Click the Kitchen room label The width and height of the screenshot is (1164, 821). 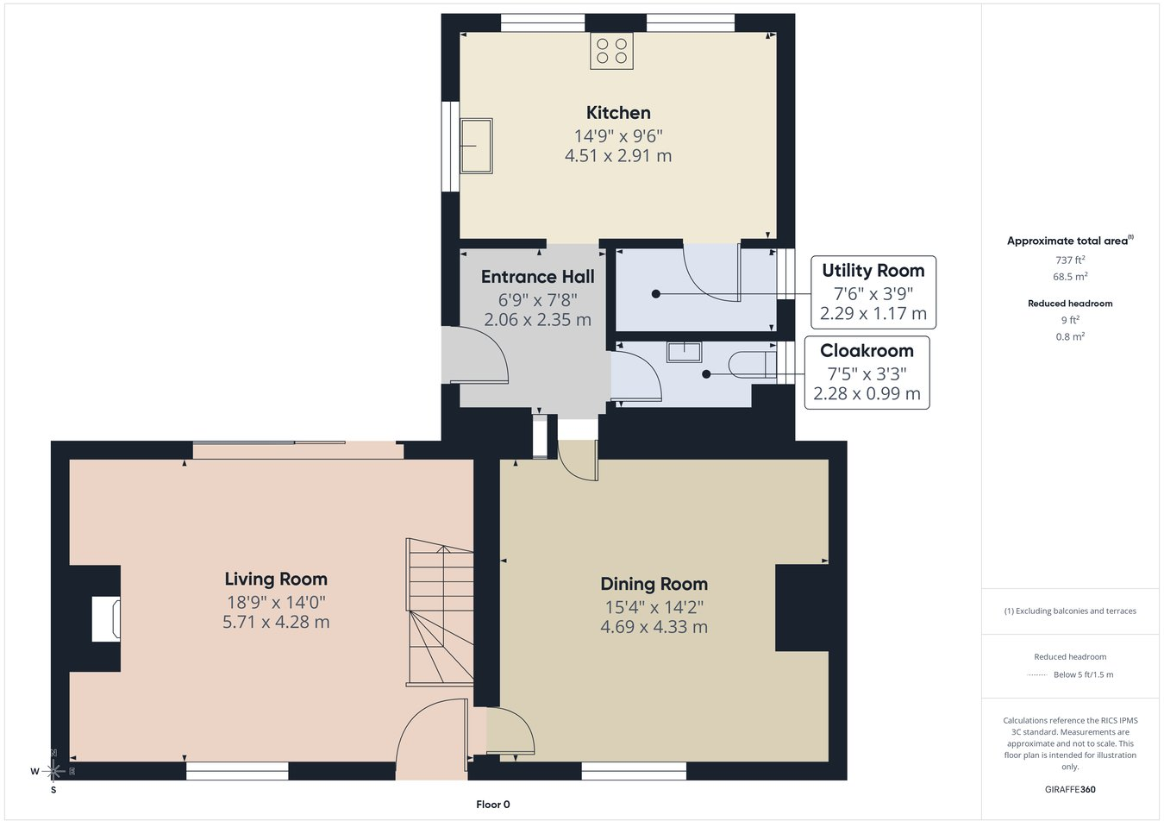(x=618, y=113)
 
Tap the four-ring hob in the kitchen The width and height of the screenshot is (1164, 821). (x=611, y=51)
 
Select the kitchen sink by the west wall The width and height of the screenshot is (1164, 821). (x=476, y=146)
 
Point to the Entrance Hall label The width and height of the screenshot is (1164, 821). (x=537, y=277)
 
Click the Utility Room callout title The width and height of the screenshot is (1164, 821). (x=873, y=271)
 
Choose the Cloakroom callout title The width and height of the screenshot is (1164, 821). (x=867, y=351)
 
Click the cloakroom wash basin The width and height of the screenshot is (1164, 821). (x=685, y=352)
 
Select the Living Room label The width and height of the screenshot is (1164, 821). (x=276, y=579)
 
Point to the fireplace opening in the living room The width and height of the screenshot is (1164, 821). (x=106, y=619)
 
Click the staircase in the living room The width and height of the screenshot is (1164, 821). (x=440, y=612)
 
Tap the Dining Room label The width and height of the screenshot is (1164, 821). (x=654, y=584)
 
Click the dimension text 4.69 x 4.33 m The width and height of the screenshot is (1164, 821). (x=654, y=627)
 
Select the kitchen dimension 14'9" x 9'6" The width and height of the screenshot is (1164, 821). (x=618, y=136)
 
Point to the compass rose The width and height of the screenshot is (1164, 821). (x=53, y=771)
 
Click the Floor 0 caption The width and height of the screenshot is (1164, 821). (x=493, y=805)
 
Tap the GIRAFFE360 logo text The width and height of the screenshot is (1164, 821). (x=1070, y=789)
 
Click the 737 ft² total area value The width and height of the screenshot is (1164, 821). (x=1070, y=260)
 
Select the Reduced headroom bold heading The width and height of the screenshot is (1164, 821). (x=1070, y=304)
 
